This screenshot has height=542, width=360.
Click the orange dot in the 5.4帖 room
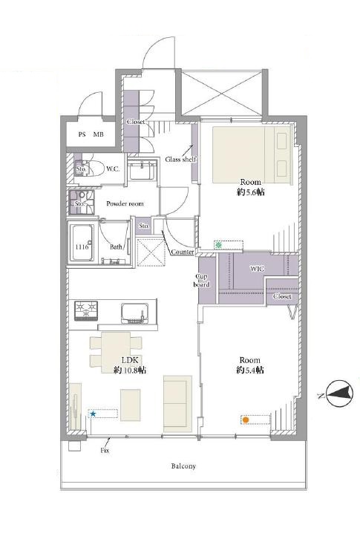click(245, 420)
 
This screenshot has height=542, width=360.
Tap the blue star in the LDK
click(93, 414)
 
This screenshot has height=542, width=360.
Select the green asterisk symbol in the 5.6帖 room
click(218, 246)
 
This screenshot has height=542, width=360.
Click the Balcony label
click(183, 466)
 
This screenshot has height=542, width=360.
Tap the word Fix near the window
click(105, 451)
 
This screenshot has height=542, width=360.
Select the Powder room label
click(125, 203)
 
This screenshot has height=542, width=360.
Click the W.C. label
click(113, 169)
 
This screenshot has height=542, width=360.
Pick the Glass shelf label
click(180, 160)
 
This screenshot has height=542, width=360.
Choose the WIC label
click(257, 268)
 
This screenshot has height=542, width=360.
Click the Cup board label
click(201, 281)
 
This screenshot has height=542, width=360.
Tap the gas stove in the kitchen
click(86, 310)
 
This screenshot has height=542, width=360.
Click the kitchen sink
click(135, 313)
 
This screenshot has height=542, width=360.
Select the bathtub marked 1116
click(82, 244)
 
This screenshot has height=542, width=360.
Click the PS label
click(82, 134)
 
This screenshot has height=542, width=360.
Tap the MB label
click(99, 134)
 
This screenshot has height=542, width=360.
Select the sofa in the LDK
click(177, 404)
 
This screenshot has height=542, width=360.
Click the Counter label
click(183, 252)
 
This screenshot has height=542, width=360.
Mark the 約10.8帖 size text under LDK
click(130, 370)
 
